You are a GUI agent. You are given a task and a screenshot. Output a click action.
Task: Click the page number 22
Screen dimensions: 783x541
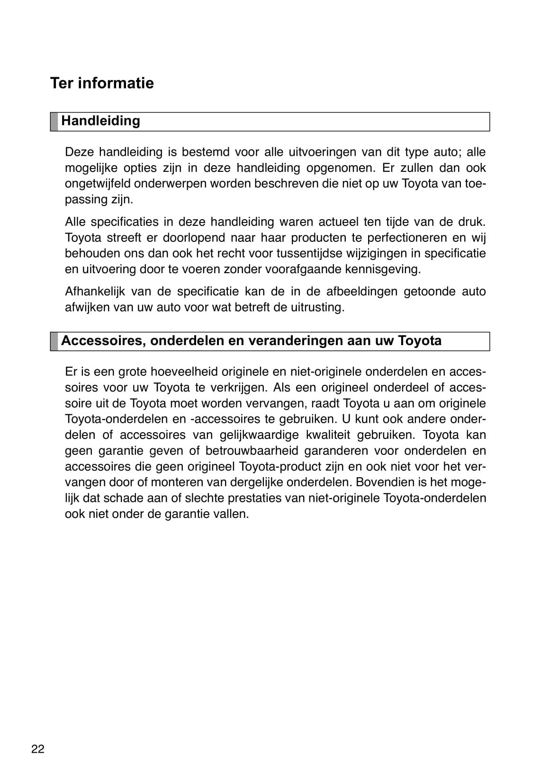(37, 749)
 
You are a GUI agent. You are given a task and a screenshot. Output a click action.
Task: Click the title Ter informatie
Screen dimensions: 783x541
(102, 83)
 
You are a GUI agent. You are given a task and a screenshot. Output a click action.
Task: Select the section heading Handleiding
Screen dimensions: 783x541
(100, 121)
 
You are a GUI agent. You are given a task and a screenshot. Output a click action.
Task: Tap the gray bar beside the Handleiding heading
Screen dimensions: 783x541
(54, 122)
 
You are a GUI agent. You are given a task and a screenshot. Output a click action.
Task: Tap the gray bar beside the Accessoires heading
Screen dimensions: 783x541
(54, 341)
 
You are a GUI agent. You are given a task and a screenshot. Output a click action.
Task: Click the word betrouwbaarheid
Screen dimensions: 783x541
(252, 451)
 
